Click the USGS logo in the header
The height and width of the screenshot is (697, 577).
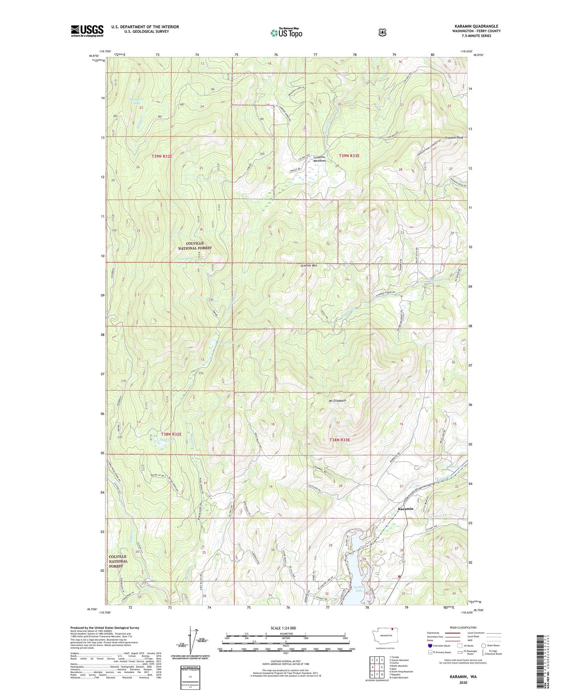[87, 31]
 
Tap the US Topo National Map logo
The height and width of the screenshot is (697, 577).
[286, 32]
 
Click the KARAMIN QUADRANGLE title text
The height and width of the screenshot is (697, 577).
[476, 26]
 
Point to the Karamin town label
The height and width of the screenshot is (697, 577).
[406, 509]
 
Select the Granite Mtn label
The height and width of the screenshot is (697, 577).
[309, 265]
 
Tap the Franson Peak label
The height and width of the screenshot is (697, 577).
[454, 138]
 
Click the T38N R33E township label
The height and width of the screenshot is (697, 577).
[339, 440]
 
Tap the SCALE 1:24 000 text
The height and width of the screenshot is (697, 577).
[283, 628]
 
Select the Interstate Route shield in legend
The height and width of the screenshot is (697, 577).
[429, 646]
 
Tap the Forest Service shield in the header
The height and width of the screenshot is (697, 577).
[382, 32]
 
